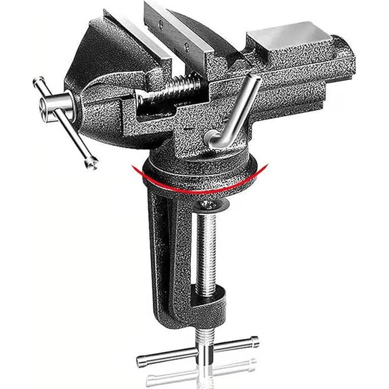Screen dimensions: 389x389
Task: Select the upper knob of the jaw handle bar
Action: coord(39,83)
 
